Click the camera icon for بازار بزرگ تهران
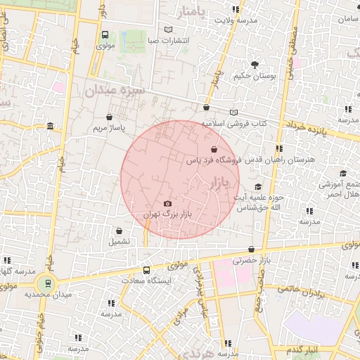click(x=167, y=203)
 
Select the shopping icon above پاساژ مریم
click(x=108, y=117)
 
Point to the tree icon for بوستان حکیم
click(x=253, y=65)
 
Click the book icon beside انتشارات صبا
click(x=167, y=29)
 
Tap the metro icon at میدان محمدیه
click(x=48, y=284)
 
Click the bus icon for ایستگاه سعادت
click(x=146, y=270)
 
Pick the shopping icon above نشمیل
click(x=118, y=230)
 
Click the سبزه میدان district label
click(x=115, y=91)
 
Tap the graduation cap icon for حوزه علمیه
click(x=258, y=186)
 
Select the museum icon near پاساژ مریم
click(x=49, y=127)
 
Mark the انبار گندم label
click(x=304, y=349)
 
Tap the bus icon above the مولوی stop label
click(x=105, y=34)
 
